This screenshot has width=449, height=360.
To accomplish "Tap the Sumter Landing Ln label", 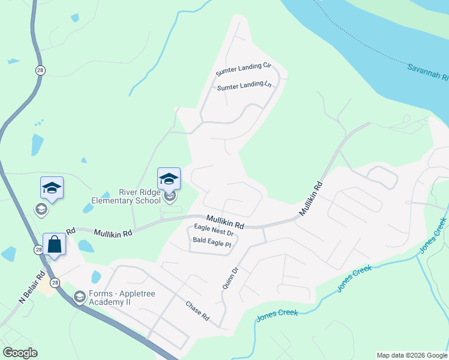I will [244, 86].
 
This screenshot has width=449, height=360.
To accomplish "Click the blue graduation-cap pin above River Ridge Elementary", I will [169, 178].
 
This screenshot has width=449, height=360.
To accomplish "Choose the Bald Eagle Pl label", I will [212, 243].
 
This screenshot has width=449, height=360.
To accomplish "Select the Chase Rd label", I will [197, 311].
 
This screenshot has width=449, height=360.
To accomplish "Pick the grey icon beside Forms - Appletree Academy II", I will [79, 296].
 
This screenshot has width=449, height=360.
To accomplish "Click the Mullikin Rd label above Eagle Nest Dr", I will [225, 222].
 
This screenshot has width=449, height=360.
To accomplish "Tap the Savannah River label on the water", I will [427, 73].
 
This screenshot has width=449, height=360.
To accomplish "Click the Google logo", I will [20, 353].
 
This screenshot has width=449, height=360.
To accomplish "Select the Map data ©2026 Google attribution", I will [411, 355].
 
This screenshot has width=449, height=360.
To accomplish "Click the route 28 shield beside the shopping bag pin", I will [38, 250].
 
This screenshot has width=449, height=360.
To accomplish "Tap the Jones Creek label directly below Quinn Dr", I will [277, 314].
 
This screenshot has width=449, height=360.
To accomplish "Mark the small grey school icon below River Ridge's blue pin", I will [170, 196].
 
